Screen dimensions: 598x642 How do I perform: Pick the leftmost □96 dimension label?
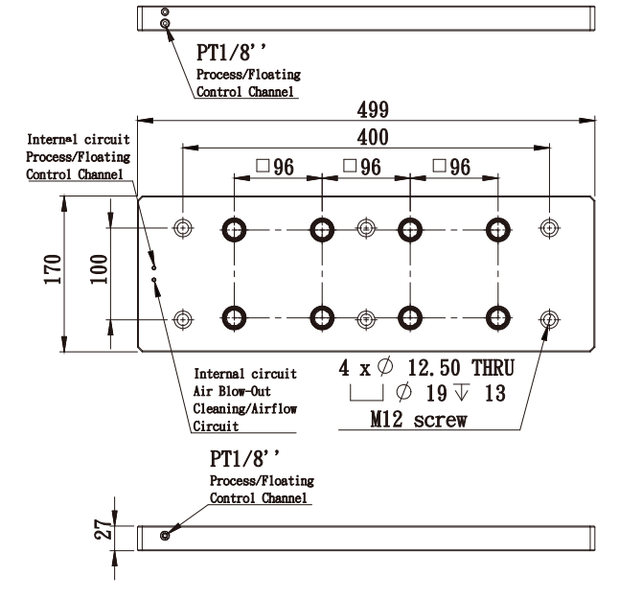pyautogui.click(x=275, y=166)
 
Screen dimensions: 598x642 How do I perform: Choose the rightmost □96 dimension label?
pyautogui.click(x=453, y=166)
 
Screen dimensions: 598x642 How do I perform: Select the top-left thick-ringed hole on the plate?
pyautogui.click(x=234, y=228)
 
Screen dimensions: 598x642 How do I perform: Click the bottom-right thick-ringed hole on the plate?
pyautogui.click(x=498, y=317)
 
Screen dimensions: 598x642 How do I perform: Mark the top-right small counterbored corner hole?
pyautogui.click(x=549, y=228)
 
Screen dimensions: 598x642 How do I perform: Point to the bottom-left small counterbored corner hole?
pyautogui.click(x=184, y=317)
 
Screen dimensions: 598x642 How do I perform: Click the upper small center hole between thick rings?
pyautogui.click(x=365, y=228)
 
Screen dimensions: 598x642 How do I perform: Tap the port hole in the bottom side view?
pyautogui.click(x=166, y=534)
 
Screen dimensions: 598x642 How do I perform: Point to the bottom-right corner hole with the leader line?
pyautogui.click(x=549, y=317)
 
